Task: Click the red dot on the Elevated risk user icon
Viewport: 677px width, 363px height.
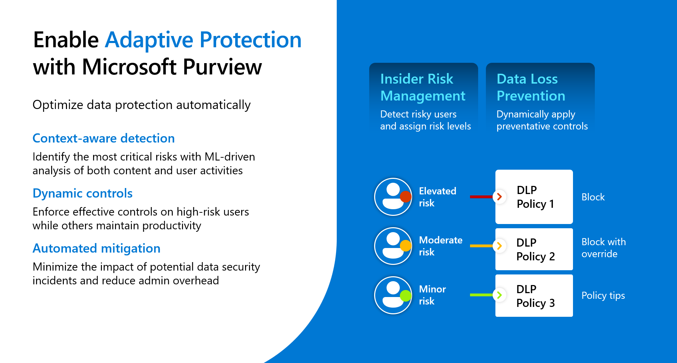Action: coord(405,196)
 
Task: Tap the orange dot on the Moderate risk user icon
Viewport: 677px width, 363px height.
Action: coord(405,246)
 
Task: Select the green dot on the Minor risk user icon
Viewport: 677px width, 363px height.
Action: coord(405,295)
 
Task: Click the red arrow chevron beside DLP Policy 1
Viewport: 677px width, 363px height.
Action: coord(499,196)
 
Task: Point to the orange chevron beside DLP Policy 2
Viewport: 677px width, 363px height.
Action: coord(499,246)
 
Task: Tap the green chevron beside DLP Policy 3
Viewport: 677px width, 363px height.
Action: coord(499,295)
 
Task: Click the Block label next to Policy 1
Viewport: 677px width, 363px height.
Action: coord(593,197)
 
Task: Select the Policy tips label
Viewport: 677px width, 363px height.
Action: coord(603,295)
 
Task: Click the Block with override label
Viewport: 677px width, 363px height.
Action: coord(603,248)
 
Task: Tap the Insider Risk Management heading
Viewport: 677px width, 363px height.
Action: coord(422,87)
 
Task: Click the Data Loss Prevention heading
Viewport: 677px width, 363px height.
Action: coord(530,87)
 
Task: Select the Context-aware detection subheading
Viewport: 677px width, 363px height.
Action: coord(104,138)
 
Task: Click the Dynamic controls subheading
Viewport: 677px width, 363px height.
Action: coord(83,193)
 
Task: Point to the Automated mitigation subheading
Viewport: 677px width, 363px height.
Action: coord(96,248)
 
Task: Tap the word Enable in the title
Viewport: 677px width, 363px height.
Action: coord(66,40)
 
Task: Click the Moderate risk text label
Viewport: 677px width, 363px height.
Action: coord(440,246)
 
